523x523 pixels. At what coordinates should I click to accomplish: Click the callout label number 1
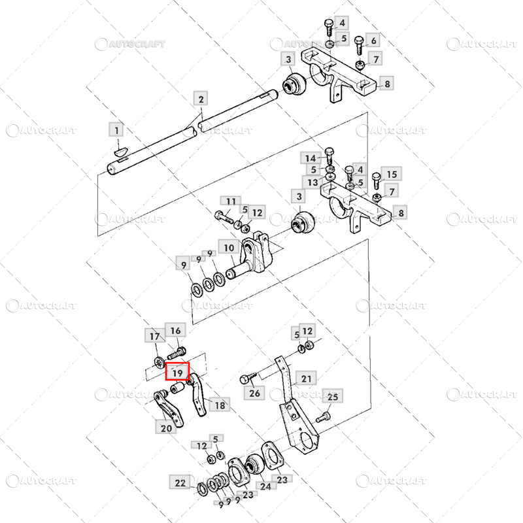(x=116, y=129)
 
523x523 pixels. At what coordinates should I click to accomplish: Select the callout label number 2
(x=201, y=99)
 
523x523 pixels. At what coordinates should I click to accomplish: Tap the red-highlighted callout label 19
(x=177, y=371)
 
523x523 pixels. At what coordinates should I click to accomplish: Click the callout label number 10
(x=229, y=248)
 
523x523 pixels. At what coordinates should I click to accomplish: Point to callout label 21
(x=306, y=379)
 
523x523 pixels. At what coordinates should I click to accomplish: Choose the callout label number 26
(x=254, y=393)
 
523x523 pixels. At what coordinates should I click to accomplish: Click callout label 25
(x=333, y=396)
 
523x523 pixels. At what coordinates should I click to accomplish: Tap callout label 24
(x=265, y=486)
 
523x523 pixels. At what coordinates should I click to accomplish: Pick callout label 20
(x=166, y=428)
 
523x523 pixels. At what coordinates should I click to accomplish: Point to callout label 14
(x=310, y=158)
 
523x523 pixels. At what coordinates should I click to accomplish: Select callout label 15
(x=392, y=174)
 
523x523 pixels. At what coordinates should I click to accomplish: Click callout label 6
(x=373, y=40)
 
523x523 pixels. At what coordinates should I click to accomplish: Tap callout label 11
(x=231, y=201)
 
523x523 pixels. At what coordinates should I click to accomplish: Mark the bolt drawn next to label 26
(x=248, y=378)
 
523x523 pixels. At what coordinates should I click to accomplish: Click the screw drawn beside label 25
(x=322, y=417)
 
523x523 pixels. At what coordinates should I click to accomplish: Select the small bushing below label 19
(x=177, y=388)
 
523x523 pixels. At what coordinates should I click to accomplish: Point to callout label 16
(x=175, y=330)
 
